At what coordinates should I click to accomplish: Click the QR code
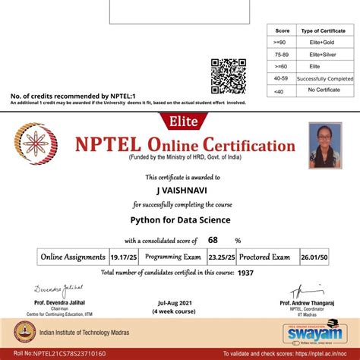229,75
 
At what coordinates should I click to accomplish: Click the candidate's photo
324,147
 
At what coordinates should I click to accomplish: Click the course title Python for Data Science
179,219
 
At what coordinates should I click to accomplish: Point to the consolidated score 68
213,241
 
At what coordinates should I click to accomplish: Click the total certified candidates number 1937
245,271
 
